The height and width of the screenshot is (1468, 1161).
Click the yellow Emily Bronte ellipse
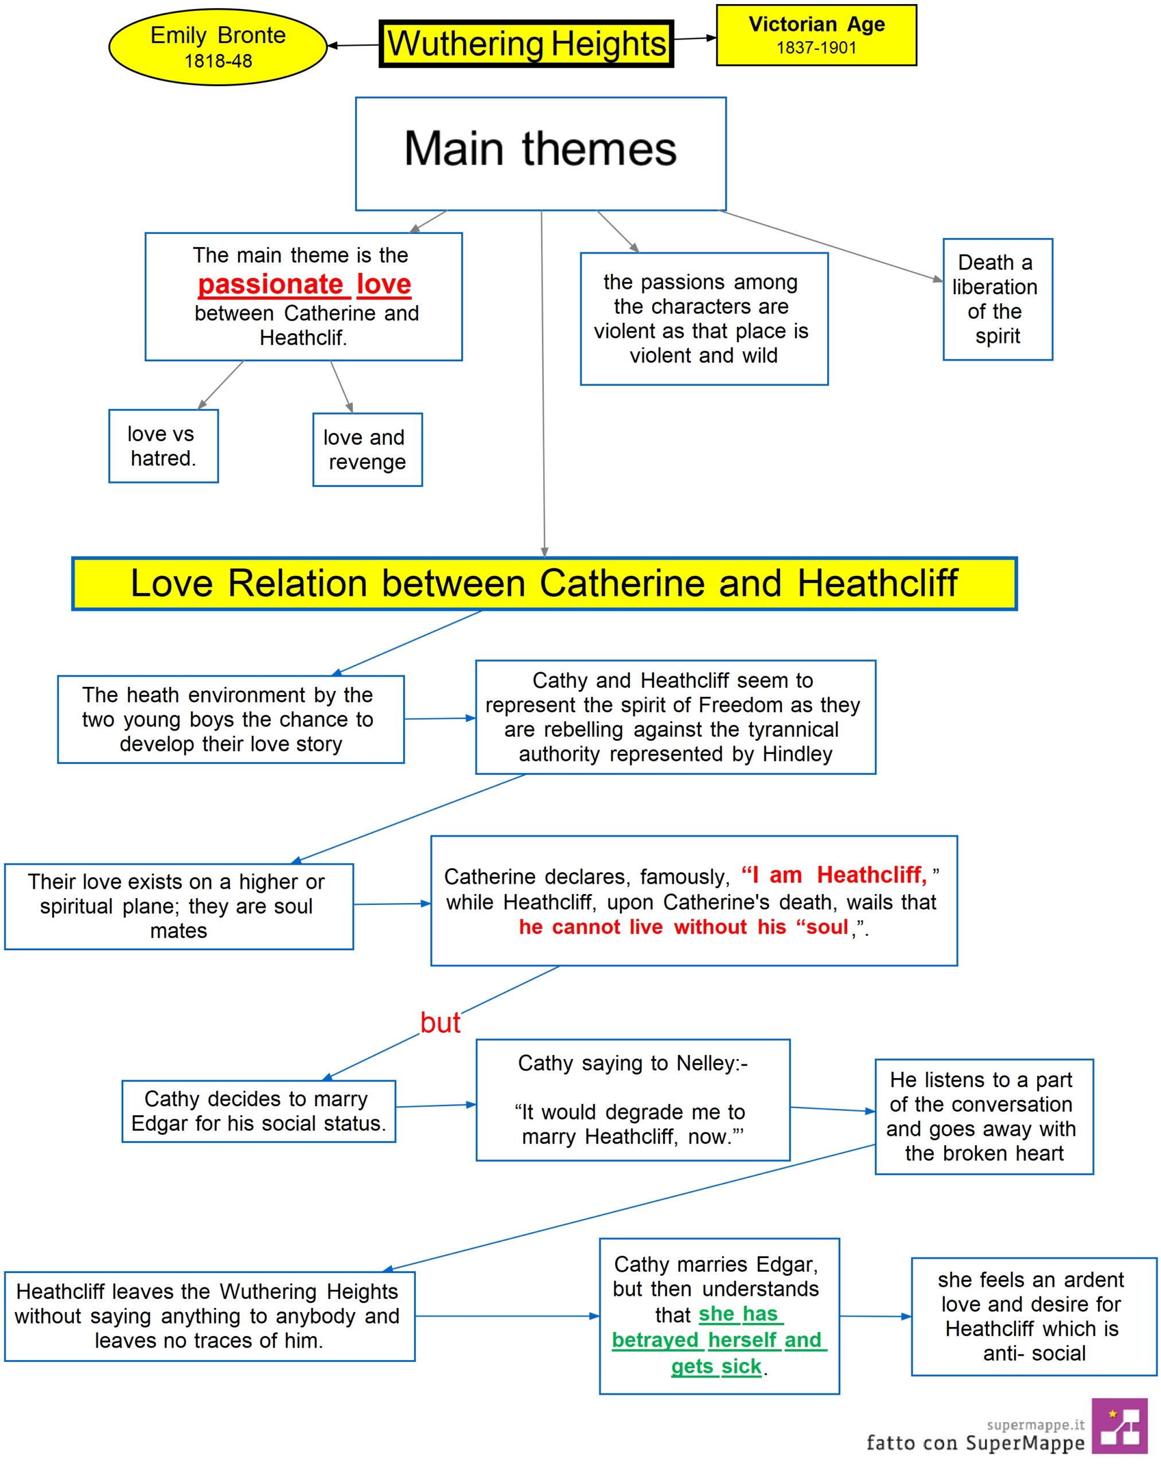coord(217,47)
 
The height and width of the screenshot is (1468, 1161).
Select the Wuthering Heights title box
coord(526,44)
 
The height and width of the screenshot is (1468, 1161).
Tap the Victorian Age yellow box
coord(816,34)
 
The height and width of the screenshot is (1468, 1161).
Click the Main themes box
coord(540,154)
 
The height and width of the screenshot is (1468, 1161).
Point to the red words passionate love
coord(305,284)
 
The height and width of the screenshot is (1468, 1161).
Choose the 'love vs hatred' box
coord(163,446)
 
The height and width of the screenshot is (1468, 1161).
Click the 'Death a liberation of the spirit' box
coord(997,299)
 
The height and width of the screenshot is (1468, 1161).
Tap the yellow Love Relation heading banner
coord(544,583)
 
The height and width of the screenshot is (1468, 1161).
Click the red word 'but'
coord(440,1022)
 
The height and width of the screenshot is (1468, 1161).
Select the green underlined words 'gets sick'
coord(716,1366)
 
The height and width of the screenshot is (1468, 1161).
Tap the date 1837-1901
coord(816,48)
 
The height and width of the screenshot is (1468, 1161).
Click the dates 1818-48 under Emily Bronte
coord(218,61)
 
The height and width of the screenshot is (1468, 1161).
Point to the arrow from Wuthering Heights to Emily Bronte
coord(353,45)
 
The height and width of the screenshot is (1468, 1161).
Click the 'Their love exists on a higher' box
coord(179,906)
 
